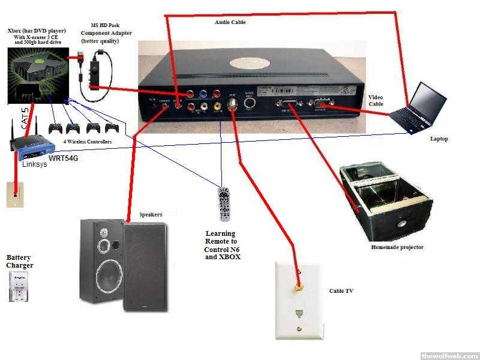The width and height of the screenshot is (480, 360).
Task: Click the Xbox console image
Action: point(33,75)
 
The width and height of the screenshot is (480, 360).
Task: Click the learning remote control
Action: point(224,205)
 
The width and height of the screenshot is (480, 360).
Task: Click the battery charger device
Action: point(19,287)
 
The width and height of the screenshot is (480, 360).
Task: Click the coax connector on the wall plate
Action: point(297,287)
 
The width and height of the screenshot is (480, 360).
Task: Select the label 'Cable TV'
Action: point(341,291)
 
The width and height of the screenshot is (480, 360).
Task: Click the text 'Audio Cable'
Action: point(230,22)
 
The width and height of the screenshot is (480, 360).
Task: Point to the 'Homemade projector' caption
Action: point(398,247)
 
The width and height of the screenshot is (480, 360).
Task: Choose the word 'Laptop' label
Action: point(439,139)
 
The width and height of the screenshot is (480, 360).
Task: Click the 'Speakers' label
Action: point(151,214)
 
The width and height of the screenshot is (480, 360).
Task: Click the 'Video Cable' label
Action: point(376,101)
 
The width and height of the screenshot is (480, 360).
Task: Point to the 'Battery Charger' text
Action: point(20,261)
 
